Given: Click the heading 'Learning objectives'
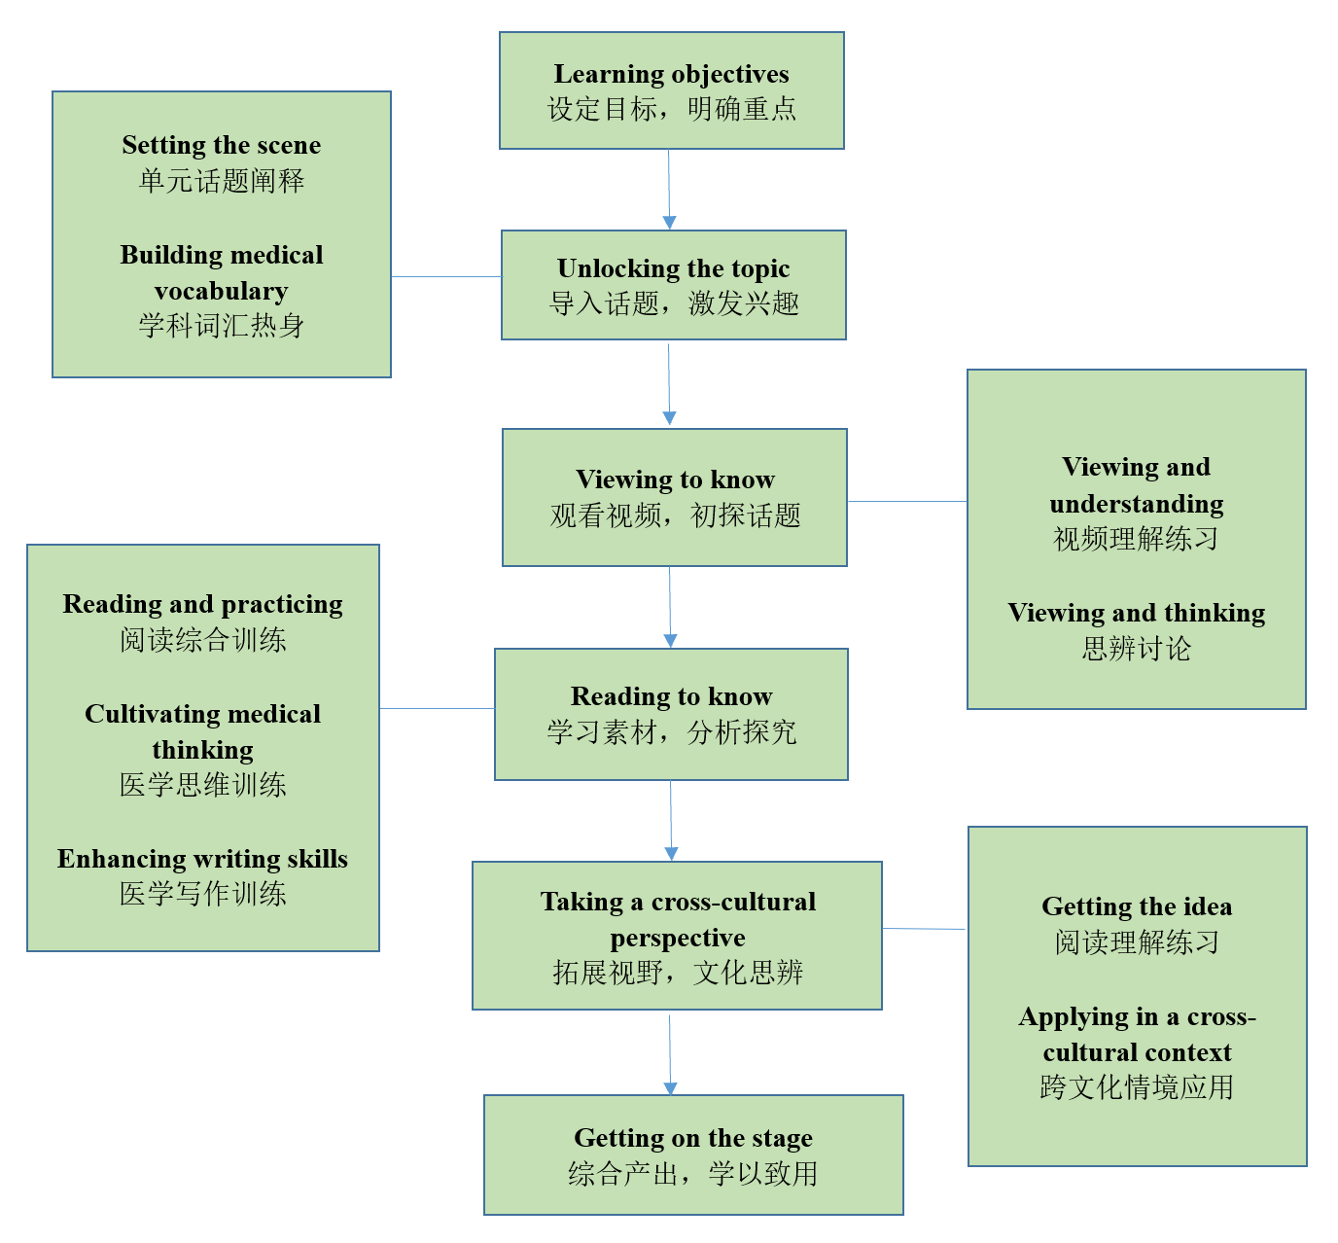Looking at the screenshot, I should [671, 74].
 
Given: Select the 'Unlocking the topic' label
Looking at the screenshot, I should [673, 268].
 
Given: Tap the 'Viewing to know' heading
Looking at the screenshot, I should [675, 479].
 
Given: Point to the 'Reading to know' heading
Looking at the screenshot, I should [671, 696].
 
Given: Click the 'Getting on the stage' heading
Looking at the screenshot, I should [692, 1138].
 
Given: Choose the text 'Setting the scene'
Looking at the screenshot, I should [222, 145].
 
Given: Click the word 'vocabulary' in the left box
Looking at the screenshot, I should [222, 291].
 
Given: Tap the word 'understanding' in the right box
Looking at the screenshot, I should [1136, 504].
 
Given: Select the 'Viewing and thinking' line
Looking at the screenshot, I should [1136, 613].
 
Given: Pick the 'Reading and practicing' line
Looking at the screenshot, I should [202, 604].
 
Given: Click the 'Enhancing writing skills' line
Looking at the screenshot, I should [202, 859].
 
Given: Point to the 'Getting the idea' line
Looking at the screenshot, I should [1137, 906].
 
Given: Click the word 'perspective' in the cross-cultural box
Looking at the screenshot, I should [678, 938].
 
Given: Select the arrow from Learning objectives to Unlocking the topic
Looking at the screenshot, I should [669, 190].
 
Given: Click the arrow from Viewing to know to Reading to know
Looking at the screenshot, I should [670, 607].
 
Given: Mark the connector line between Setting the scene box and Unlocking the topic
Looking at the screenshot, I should [445, 277].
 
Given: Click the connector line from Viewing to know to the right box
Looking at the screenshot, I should [906, 502].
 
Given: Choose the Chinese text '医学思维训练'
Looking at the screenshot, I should [202, 785].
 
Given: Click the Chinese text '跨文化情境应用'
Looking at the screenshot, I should [1136, 1087].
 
